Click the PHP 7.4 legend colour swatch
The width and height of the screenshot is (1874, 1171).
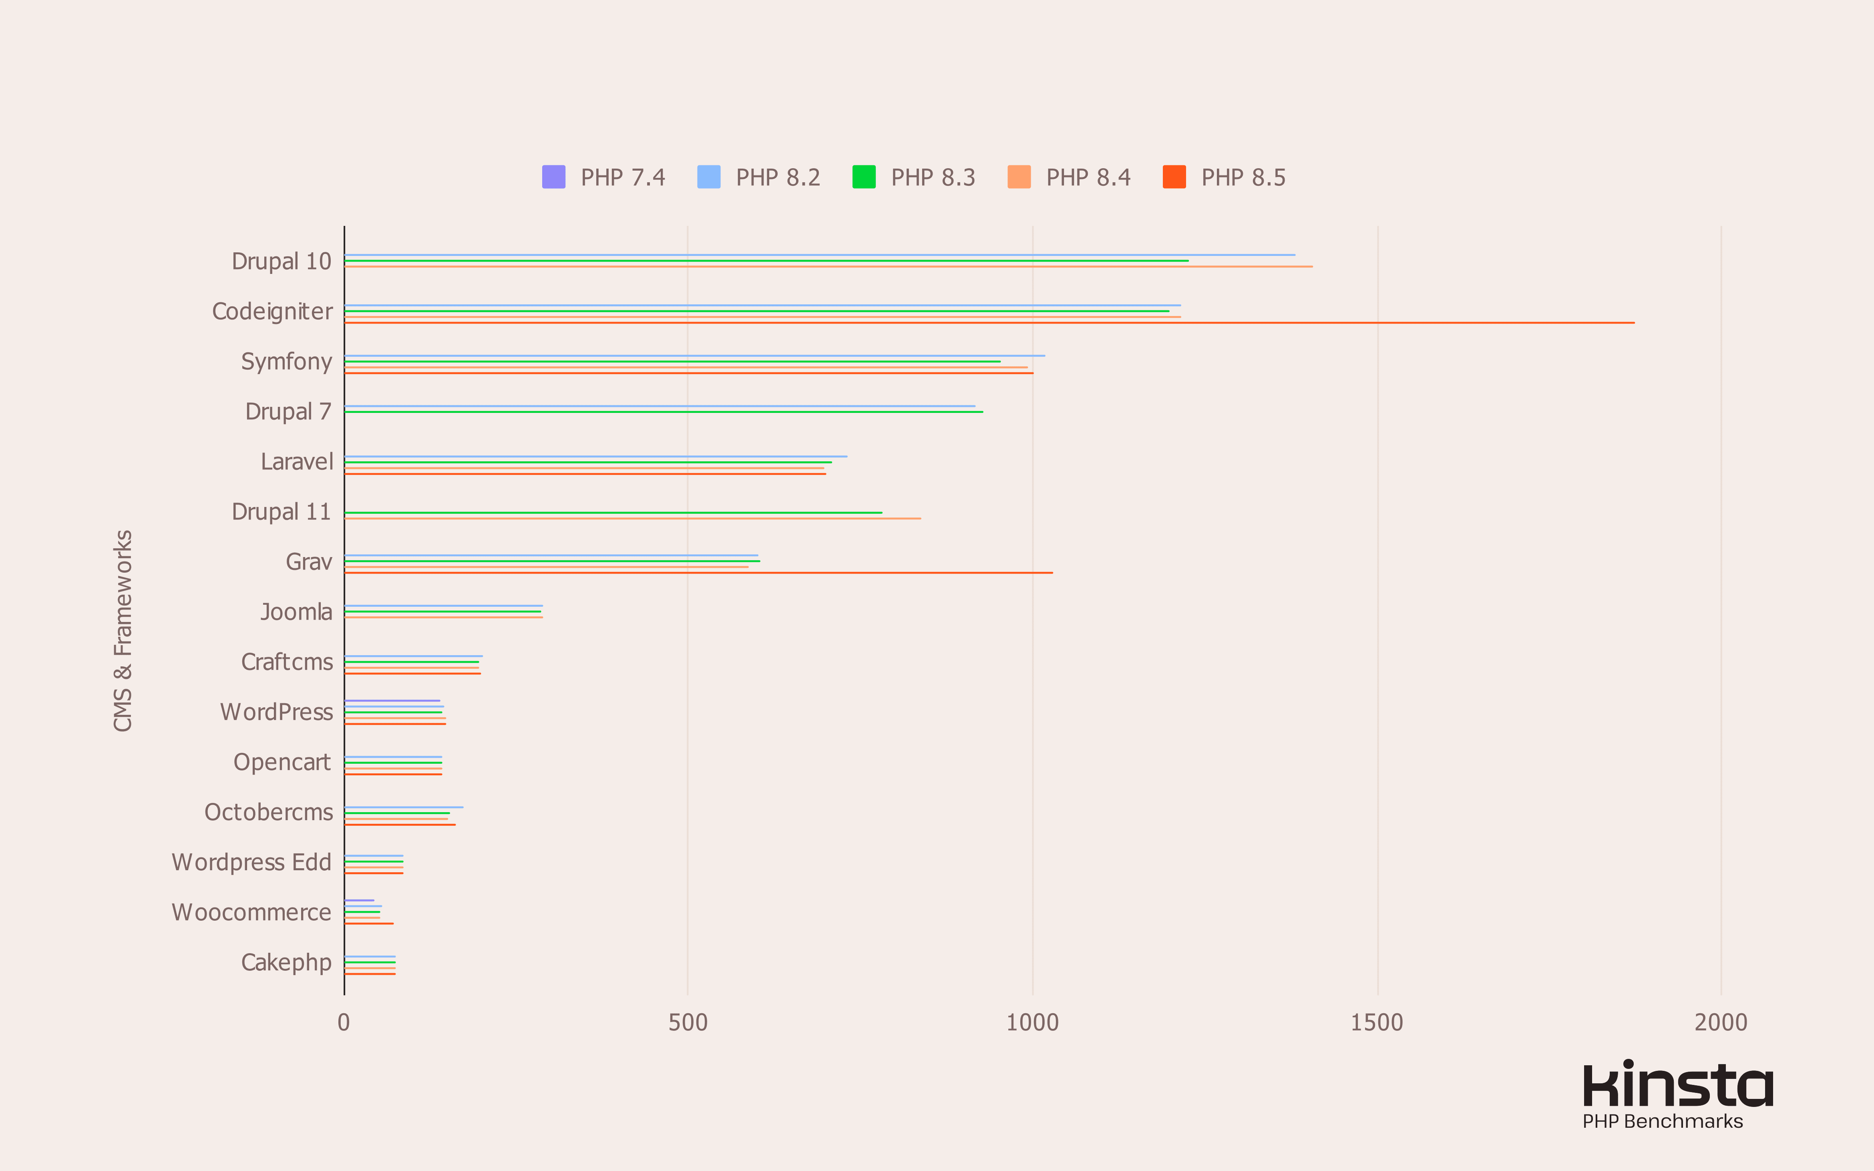[554, 177]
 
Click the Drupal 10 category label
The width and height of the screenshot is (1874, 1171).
[281, 262]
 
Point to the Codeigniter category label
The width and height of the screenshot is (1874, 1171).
[272, 311]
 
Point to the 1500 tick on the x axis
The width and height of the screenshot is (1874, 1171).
[1376, 1022]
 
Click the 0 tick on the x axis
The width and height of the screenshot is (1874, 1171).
[344, 1022]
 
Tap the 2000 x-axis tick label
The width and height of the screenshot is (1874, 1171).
[1720, 1022]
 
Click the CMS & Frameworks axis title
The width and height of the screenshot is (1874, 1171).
[123, 630]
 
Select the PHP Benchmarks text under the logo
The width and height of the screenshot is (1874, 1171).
[1662, 1121]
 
